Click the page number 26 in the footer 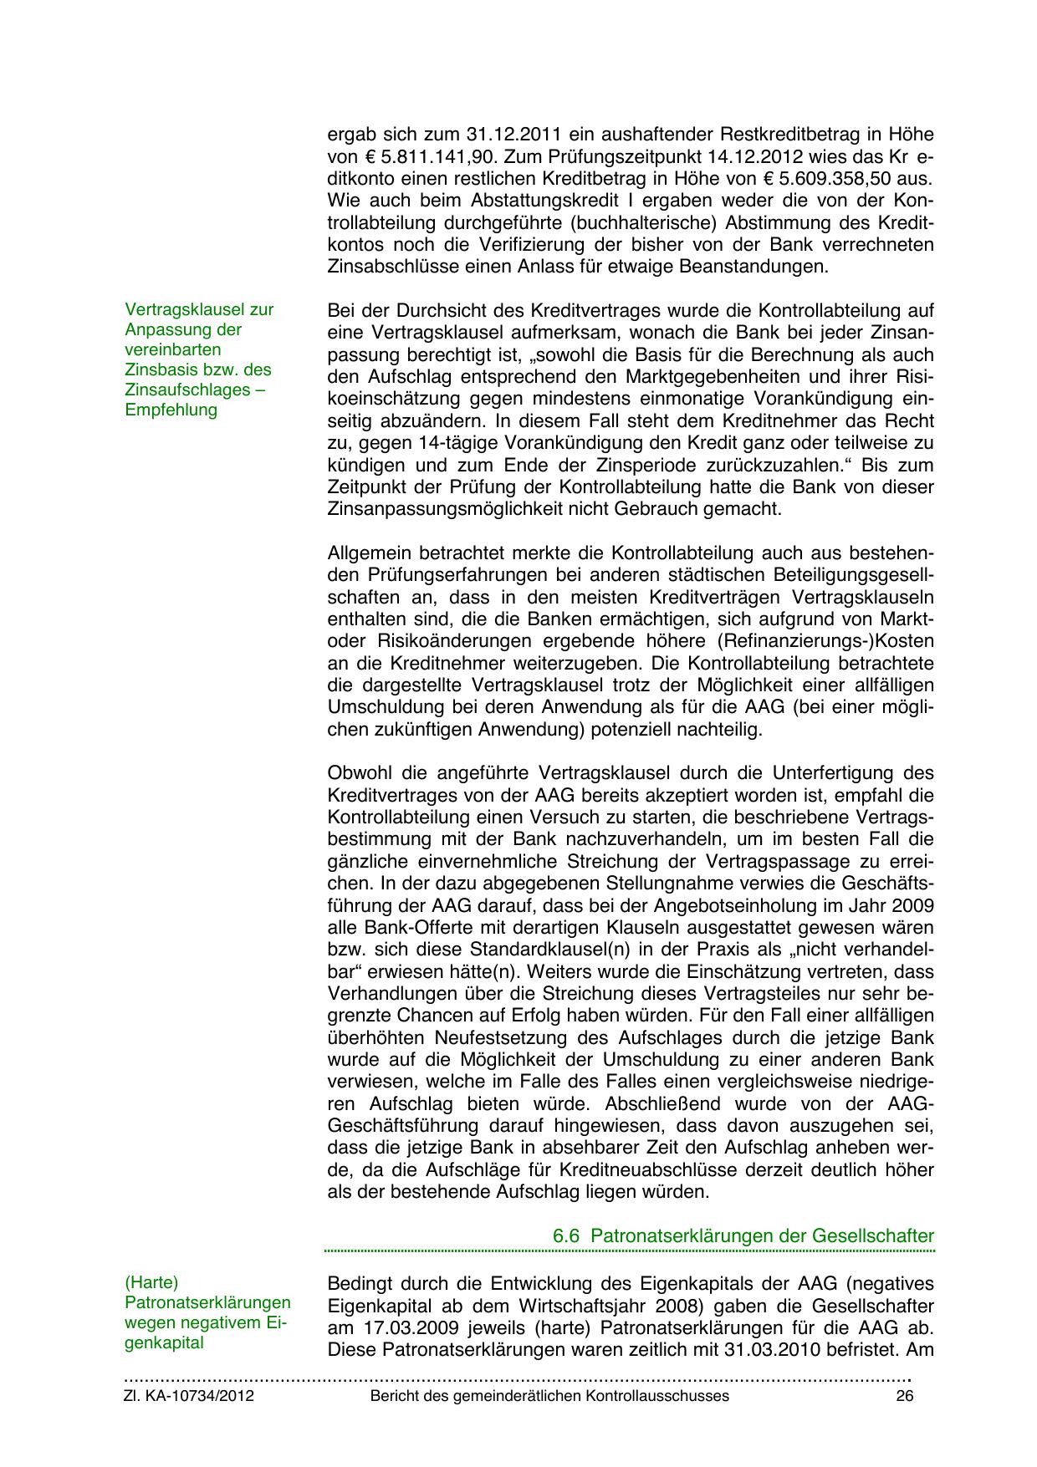click(904, 1396)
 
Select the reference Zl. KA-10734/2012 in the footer click(189, 1396)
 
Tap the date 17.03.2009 click(395, 1327)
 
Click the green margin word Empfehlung click(171, 410)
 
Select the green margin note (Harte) click(151, 1282)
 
